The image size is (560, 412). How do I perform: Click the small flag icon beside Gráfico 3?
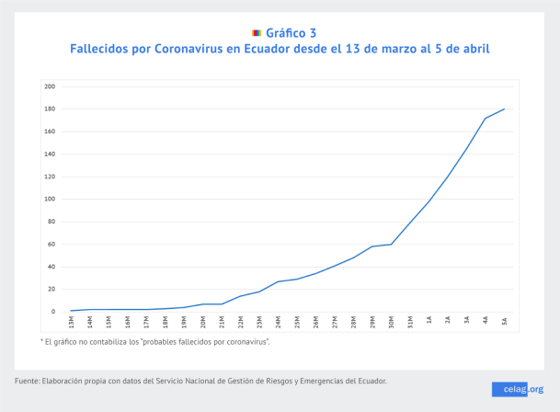[x=257, y=32]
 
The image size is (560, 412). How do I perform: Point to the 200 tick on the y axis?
[x=51, y=86]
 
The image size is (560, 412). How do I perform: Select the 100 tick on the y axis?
[x=51, y=199]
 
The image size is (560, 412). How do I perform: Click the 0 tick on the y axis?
[x=53, y=312]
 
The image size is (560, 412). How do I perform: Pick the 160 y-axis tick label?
[x=51, y=132]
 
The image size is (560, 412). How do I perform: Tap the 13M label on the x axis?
[x=71, y=322]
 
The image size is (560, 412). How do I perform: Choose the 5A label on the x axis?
[x=505, y=321]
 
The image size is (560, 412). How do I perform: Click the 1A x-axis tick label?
[x=429, y=321]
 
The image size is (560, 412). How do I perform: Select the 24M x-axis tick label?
[x=279, y=322]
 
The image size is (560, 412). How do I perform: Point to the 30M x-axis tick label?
[x=392, y=322]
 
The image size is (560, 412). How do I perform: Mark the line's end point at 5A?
[x=505, y=109]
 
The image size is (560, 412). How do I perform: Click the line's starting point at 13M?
[x=71, y=311]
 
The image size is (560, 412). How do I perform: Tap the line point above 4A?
[x=486, y=118]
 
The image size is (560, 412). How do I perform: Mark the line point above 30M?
[x=392, y=244]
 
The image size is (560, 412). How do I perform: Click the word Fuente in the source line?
[x=28, y=381]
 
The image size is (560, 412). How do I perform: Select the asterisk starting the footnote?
[x=42, y=340]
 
